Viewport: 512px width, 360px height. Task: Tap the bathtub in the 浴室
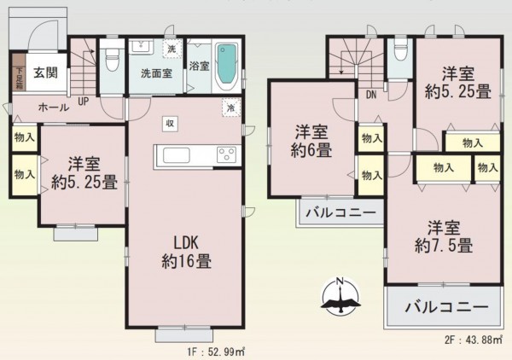point(226,66)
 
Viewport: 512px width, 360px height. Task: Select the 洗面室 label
point(156,73)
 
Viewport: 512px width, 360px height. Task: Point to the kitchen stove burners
point(227,155)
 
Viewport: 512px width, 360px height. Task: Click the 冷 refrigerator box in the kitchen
point(230,108)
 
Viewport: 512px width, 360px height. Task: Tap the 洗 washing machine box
point(171,50)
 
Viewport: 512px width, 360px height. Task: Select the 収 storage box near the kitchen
point(171,124)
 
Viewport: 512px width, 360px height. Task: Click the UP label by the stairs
point(84,101)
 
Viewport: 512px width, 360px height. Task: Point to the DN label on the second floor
point(372,96)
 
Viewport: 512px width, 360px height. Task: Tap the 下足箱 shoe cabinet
point(18,73)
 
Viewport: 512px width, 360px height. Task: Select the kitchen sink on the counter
point(177,155)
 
